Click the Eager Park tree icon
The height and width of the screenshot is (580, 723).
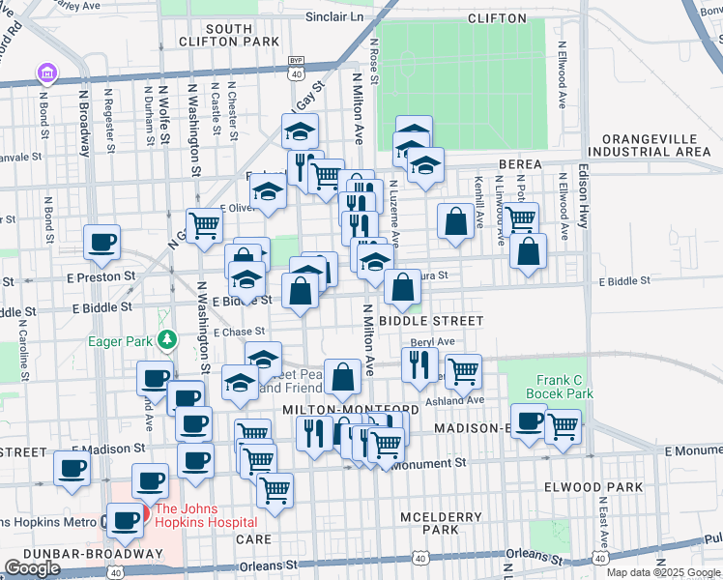tap(169, 339)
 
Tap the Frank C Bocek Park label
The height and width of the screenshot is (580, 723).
tap(560, 387)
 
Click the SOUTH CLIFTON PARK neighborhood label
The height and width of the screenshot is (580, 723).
tap(228, 35)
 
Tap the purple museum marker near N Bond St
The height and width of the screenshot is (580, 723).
tap(44, 72)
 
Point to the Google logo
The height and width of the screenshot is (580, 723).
tap(32, 568)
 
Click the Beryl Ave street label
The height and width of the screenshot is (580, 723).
tap(432, 342)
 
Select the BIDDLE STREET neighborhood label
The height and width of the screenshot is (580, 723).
tap(431, 320)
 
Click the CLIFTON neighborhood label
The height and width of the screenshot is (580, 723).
tap(496, 17)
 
